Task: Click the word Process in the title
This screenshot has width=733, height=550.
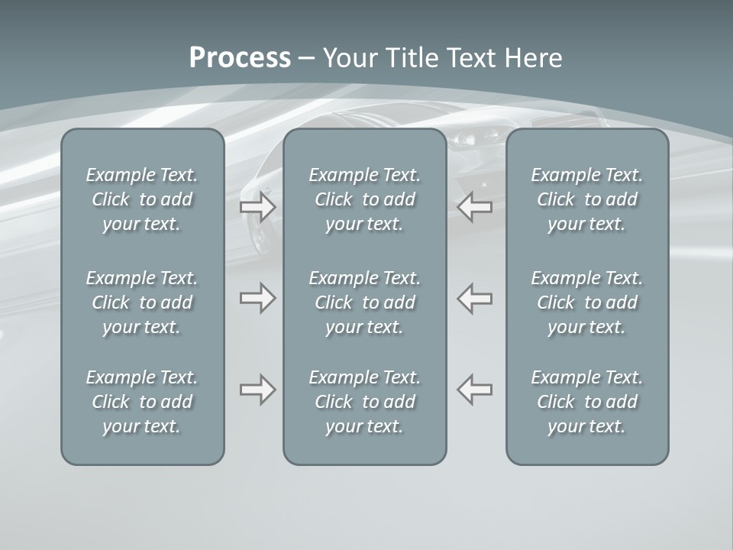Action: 240,58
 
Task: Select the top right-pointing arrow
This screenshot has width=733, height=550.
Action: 258,207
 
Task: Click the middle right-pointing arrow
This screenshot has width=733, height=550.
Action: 258,298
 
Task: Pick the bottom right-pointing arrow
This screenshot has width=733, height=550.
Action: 258,390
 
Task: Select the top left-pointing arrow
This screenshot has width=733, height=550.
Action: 475,207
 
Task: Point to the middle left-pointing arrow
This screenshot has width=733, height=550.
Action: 475,298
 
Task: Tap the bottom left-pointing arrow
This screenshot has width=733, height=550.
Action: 475,390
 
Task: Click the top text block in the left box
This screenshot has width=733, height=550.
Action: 142,199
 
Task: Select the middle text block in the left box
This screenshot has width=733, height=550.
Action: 142,302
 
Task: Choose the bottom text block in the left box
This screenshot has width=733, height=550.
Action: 142,402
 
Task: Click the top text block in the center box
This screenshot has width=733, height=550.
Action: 365,199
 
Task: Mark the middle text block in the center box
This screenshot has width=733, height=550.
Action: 365,302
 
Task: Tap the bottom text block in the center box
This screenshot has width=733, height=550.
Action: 365,402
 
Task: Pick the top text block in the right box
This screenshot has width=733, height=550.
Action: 587,199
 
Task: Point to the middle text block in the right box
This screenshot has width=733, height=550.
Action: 587,302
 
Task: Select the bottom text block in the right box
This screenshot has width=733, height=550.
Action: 587,402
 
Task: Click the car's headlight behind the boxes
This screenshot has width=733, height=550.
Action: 467,139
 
